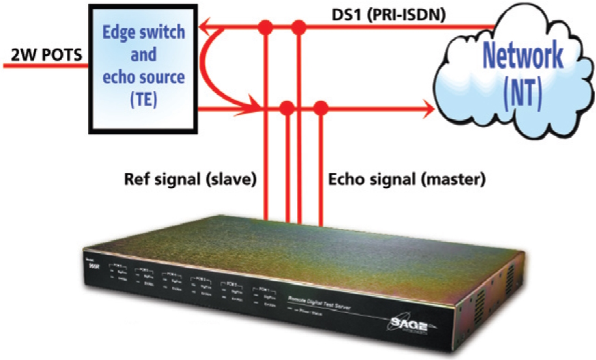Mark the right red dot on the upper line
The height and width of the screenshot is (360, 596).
tap(298, 28)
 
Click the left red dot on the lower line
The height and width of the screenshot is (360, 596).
tap(287, 107)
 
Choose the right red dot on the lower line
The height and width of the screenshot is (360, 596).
tap(320, 107)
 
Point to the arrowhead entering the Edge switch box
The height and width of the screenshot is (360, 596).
tap(206, 28)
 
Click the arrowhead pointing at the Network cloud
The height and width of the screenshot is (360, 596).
tap(426, 108)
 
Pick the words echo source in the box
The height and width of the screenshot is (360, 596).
tap(144, 77)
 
